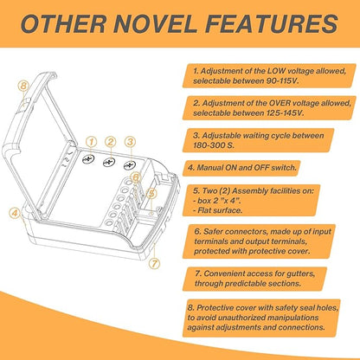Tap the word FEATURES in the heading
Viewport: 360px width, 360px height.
coord(272,23)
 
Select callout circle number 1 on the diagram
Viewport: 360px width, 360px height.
coord(92,142)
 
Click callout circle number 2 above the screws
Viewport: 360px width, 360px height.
coord(111,142)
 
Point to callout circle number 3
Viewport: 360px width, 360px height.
coord(131,142)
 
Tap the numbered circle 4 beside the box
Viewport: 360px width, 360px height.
coord(15,214)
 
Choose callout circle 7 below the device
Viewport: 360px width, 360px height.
coord(155,263)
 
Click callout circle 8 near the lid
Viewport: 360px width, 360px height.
coord(23,86)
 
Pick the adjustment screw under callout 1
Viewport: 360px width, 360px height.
coord(89,159)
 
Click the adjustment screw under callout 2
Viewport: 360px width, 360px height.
coord(109,163)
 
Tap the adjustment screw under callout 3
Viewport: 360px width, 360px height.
coord(130,165)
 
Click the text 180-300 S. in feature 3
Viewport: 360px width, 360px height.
coord(214,145)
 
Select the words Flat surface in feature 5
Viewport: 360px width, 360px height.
coord(220,210)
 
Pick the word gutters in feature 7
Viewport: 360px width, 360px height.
coord(299,273)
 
